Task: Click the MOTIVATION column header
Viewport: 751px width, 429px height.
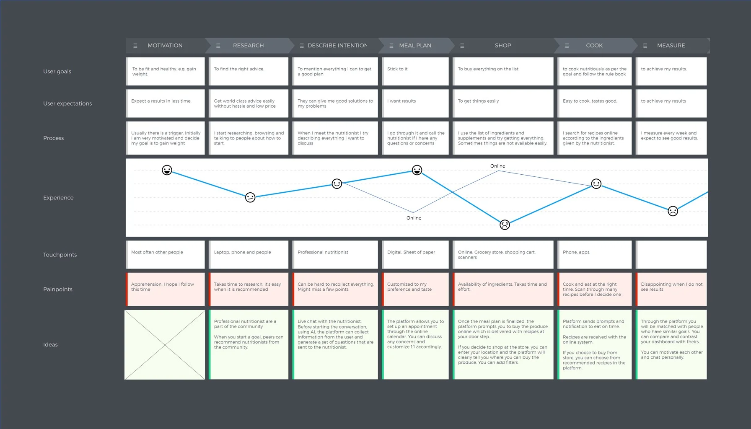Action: click(165, 45)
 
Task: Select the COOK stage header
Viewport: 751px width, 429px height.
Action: click(594, 45)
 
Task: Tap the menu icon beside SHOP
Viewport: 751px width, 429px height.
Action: click(462, 46)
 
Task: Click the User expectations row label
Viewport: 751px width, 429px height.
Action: click(67, 103)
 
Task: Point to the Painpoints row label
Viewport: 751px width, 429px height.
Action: click(58, 289)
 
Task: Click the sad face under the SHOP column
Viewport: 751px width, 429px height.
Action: click(505, 225)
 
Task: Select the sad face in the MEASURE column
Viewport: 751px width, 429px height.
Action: click(673, 211)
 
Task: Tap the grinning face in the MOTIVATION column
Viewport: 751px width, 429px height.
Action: click(167, 170)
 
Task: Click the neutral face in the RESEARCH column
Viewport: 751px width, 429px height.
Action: click(250, 197)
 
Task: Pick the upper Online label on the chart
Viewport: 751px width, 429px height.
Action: click(497, 166)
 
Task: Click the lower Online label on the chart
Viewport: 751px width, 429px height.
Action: click(414, 218)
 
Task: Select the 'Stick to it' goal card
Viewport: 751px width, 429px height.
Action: click(415, 71)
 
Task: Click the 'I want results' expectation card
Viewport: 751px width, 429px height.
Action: click(415, 103)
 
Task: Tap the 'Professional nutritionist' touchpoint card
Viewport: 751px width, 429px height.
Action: click(335, 255)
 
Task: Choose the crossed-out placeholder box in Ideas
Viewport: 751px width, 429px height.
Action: click(165, 345)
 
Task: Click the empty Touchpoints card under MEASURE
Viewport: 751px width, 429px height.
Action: click(671, 255)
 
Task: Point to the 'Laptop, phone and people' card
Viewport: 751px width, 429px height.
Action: click(249, 255)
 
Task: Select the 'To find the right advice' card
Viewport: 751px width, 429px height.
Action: click(249, 71)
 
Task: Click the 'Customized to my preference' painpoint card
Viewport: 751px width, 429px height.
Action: click(415, 289)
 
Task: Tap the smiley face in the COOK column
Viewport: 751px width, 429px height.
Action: click(596, 183)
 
